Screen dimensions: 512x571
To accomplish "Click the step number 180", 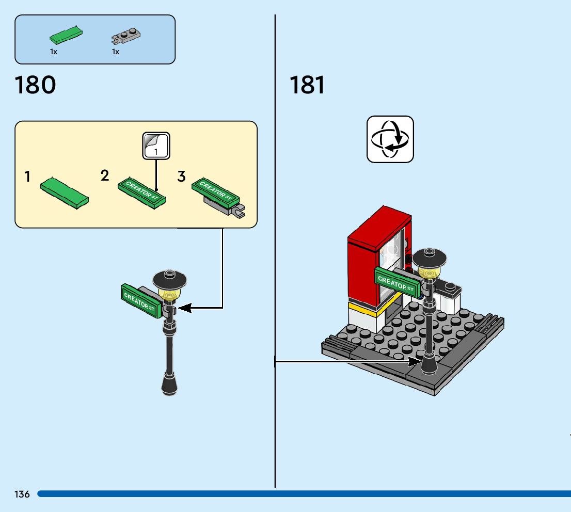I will point(36,85).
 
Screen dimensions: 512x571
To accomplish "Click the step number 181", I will point(307,85).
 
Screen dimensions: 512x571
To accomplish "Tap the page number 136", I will point(22,494).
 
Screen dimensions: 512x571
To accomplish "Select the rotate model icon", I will point(390,139).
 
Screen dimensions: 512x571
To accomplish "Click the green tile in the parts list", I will point(66,35).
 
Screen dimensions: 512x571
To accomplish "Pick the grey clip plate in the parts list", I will point(126,36).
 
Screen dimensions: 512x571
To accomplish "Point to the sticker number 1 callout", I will point(155,146).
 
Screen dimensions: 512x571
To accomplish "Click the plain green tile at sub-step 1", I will point(65,192).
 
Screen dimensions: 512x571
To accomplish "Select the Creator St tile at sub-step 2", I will point(142,193).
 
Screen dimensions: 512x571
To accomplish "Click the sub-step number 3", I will point(181,177).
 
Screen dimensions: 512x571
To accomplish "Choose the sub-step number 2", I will point(105,175).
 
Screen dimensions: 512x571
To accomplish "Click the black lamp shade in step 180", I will point(169,280).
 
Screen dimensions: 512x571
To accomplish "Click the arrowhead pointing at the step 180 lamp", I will point(184,308).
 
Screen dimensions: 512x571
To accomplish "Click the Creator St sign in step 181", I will point(395,282).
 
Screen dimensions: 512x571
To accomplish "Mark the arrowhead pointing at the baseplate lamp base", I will point(415,361).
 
